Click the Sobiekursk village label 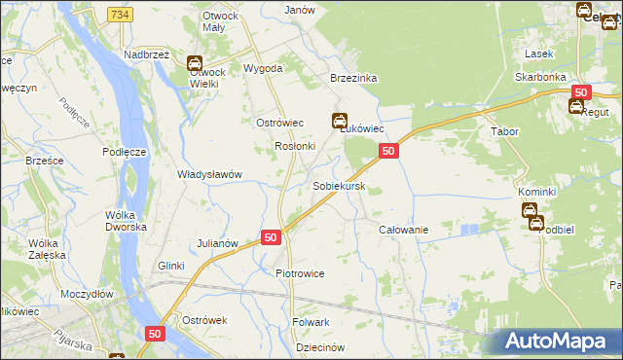tap(339, 185)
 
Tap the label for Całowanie tap(404, 229)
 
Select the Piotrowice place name tap(300, 273)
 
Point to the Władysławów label tap(208, 174)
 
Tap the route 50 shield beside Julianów tap(271, 237)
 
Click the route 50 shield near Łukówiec tap(388, 151)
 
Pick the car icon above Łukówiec tap(339, 122)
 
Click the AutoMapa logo tap(559, 342)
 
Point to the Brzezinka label tap(353, 79)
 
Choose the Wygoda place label tap(263, 68)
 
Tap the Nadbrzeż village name tap(147, 54)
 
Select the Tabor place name tap(504, 131)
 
